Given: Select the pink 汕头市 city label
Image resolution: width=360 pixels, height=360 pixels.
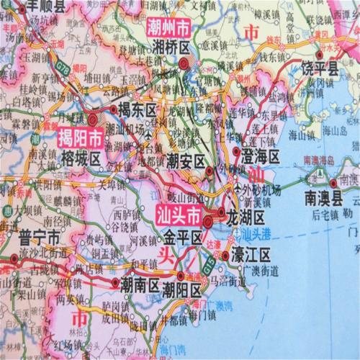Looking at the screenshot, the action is click(x=177, y=215).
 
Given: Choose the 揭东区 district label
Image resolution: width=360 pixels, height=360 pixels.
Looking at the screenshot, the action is click(x=138, y=110).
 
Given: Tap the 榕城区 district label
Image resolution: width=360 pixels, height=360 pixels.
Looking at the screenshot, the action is click(x=81, y=153).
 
